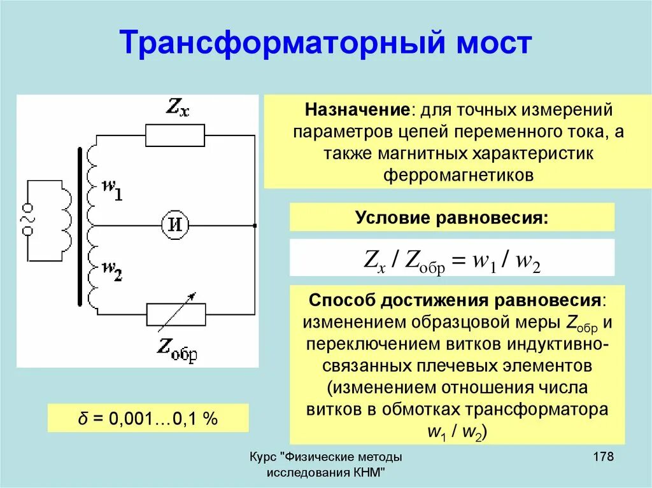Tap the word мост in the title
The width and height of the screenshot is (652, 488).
point(492,44)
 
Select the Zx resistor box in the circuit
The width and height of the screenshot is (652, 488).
point(175,136)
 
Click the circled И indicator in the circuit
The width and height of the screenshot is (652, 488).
point(175,224)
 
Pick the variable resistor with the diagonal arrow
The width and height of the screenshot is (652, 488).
point(176,313)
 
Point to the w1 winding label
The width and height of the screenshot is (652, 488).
point(112,190)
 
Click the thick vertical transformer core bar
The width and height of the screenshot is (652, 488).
point(80,227)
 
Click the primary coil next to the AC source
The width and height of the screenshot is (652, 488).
point(65,219)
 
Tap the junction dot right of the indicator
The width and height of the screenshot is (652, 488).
point(254,225)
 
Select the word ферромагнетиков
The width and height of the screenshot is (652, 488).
point(458,175)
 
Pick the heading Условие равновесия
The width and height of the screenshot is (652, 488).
point(452,218)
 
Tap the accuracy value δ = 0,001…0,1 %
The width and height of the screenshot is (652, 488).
point(148,419)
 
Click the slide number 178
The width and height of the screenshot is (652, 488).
point(602,457)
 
